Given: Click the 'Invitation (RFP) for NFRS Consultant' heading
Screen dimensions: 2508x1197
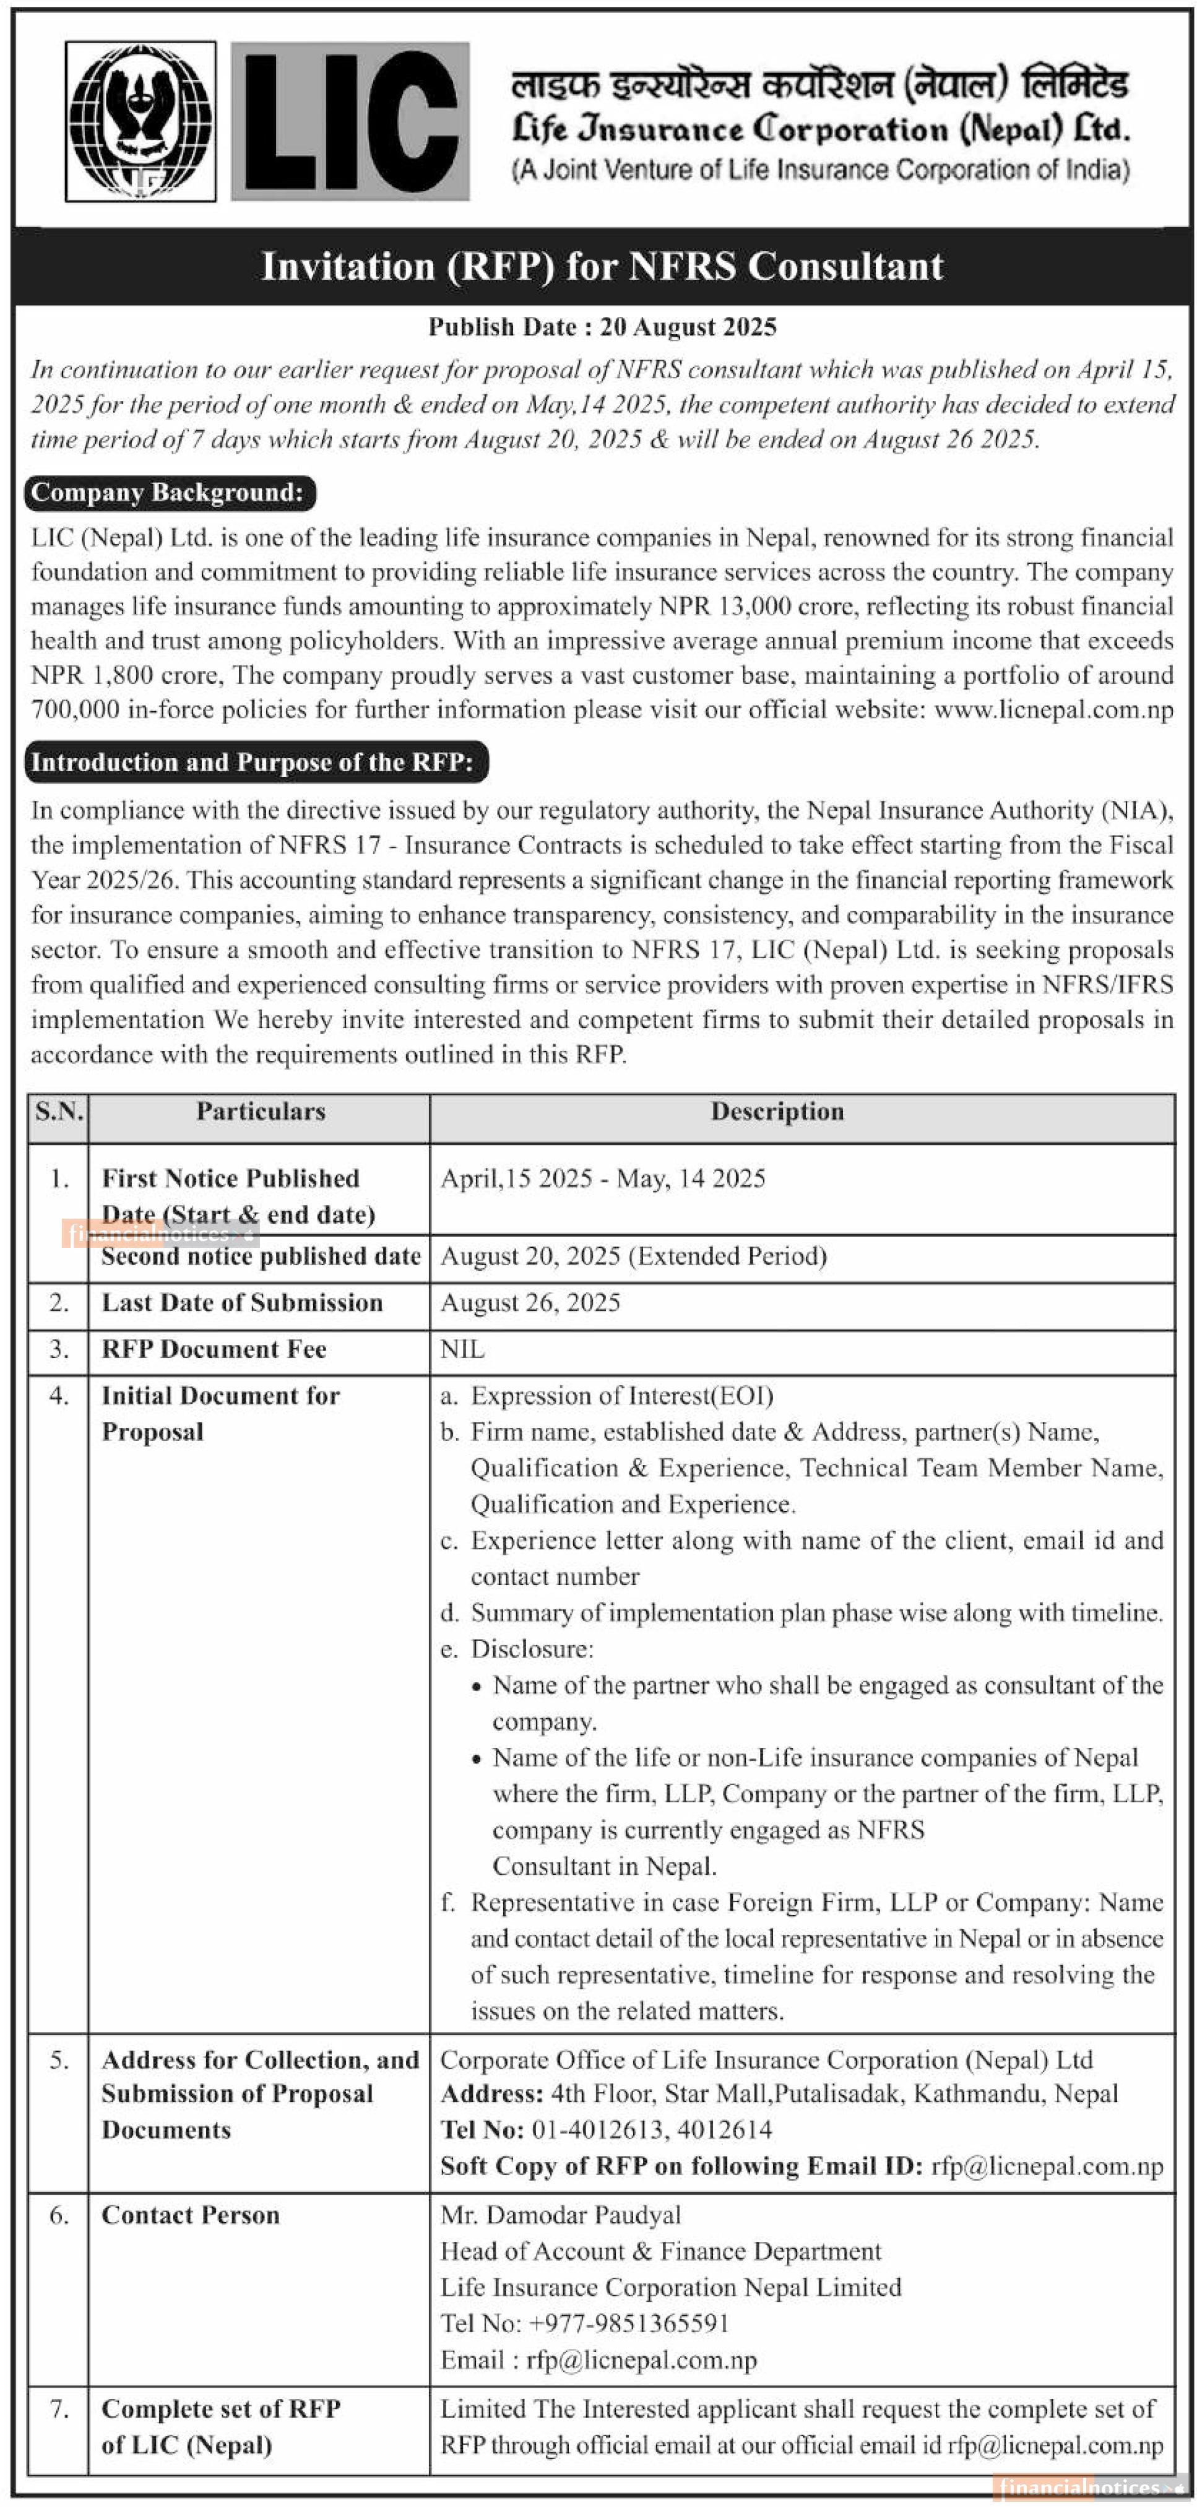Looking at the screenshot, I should click(x=602, y=266).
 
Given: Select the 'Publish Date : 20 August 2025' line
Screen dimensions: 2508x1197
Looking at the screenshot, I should click(x=602, y=327).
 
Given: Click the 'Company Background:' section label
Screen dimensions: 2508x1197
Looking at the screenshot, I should click(x=167, y=493).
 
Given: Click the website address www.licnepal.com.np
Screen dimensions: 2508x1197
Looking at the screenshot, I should click(x=1053, y=710).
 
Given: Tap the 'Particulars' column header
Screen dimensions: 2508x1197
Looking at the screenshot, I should click(x=260, y=1112).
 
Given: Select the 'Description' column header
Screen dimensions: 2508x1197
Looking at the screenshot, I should click(x=777, y=1112).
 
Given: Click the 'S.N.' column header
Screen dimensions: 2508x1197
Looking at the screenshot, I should click(x=58, y=1112).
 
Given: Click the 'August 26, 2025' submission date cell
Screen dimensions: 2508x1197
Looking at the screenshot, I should click(x=530, y=1303).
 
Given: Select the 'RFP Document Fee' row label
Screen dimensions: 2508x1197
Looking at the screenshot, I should click(x=214, y=1349).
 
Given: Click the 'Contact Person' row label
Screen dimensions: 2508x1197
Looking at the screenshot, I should click(x=191, y=2215).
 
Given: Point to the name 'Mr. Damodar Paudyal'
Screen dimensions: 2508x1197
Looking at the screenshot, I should click(x=561, y=2215).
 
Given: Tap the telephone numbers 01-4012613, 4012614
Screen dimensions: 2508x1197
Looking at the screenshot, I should click(x=651, y=2129).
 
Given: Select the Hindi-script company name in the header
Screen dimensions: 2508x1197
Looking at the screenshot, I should click(x=819, y=85).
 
